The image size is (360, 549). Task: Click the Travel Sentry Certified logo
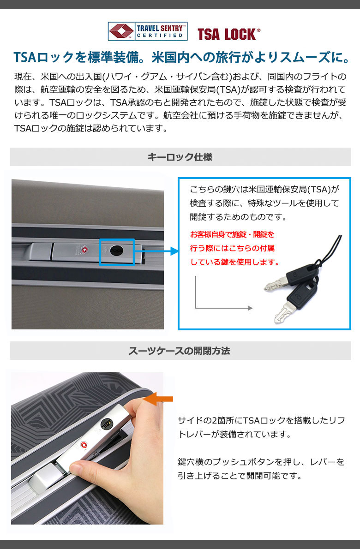click(147, 31)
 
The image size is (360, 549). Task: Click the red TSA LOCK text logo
click(229, 34)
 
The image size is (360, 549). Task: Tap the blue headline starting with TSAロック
click(181, 57)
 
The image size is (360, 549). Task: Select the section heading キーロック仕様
click(180, 157)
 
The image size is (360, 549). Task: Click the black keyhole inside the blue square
click(117, 250)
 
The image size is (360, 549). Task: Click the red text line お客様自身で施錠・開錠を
click(232, 234)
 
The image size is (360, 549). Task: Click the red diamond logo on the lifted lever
click(84, 445)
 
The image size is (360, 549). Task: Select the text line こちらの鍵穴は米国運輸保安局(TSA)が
click(265, 190)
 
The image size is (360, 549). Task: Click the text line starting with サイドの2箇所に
click(261, 420)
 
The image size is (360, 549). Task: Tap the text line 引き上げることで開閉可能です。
click(240, 476)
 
